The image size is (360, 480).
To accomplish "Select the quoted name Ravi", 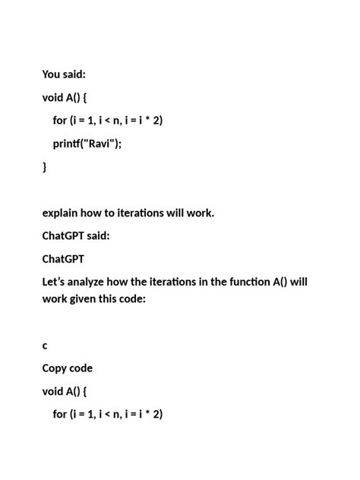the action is tap(101, 144).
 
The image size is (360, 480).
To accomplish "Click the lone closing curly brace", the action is tap(44, 166).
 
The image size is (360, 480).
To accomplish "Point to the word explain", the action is tap(62, 213).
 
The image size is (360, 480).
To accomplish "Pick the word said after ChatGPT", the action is tap(98, 235).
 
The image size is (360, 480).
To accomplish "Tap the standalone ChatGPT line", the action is tap(64, 259).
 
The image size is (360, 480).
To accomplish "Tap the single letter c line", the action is tap(45, 346).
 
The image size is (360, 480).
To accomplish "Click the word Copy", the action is tap(55, 368).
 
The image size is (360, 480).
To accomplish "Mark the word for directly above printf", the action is tap(60, 121).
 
